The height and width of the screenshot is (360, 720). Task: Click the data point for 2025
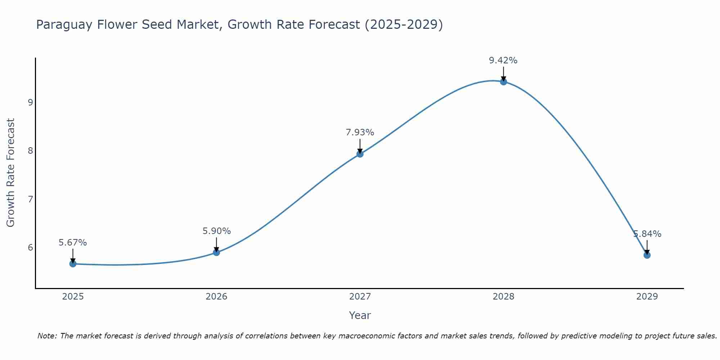(73, 264)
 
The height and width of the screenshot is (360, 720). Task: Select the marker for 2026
(216, 252)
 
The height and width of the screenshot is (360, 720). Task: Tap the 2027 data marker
(360, 154)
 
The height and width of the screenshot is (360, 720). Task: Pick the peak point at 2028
(503, 82)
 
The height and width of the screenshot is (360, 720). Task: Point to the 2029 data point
(647, 255)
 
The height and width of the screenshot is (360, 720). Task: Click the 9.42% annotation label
(503, 60)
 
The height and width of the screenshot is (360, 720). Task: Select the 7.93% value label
(360, 132)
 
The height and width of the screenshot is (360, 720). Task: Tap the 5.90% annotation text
(216, 231)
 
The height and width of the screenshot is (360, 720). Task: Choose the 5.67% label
(73, 243)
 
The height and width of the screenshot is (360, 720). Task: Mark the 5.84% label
(647, 234)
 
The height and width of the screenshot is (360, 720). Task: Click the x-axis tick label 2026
(216, 297)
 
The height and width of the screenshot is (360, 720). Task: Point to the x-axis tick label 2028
(503, 297)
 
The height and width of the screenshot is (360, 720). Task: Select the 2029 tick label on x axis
(647, 297)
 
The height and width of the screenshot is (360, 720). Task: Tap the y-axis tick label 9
(30, 102)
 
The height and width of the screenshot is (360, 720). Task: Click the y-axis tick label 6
(30, 247)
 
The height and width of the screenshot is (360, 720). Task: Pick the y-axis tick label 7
(30, 199)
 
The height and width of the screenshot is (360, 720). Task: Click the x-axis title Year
(360, 315)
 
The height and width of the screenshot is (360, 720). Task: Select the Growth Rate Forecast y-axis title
(11, 173)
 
